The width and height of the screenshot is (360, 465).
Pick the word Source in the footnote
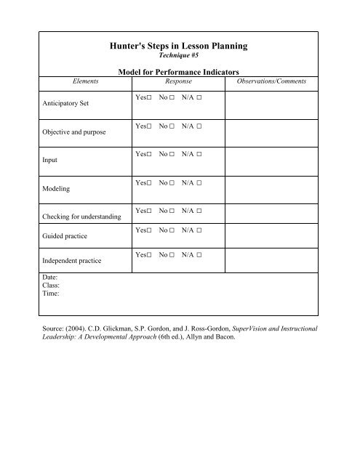[55, 328]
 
